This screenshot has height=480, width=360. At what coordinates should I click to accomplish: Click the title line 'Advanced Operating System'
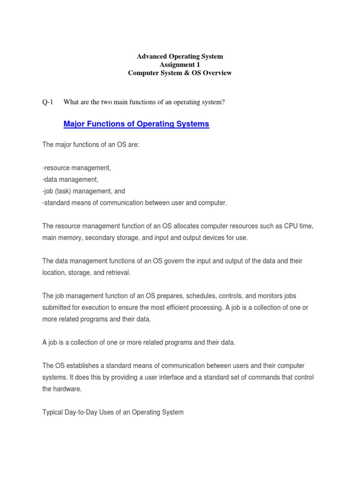(x=180, y=56)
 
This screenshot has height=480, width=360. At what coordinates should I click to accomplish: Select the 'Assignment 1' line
(x=180, y=65)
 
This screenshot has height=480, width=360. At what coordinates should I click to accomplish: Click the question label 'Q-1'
(x=48, y=102)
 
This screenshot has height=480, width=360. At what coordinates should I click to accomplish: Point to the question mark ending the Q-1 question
(x=224, y=102)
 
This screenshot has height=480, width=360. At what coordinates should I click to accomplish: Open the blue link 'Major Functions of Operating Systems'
(x=136, y=124)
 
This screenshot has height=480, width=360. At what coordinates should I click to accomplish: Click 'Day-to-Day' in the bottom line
(x=82, y=412)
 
